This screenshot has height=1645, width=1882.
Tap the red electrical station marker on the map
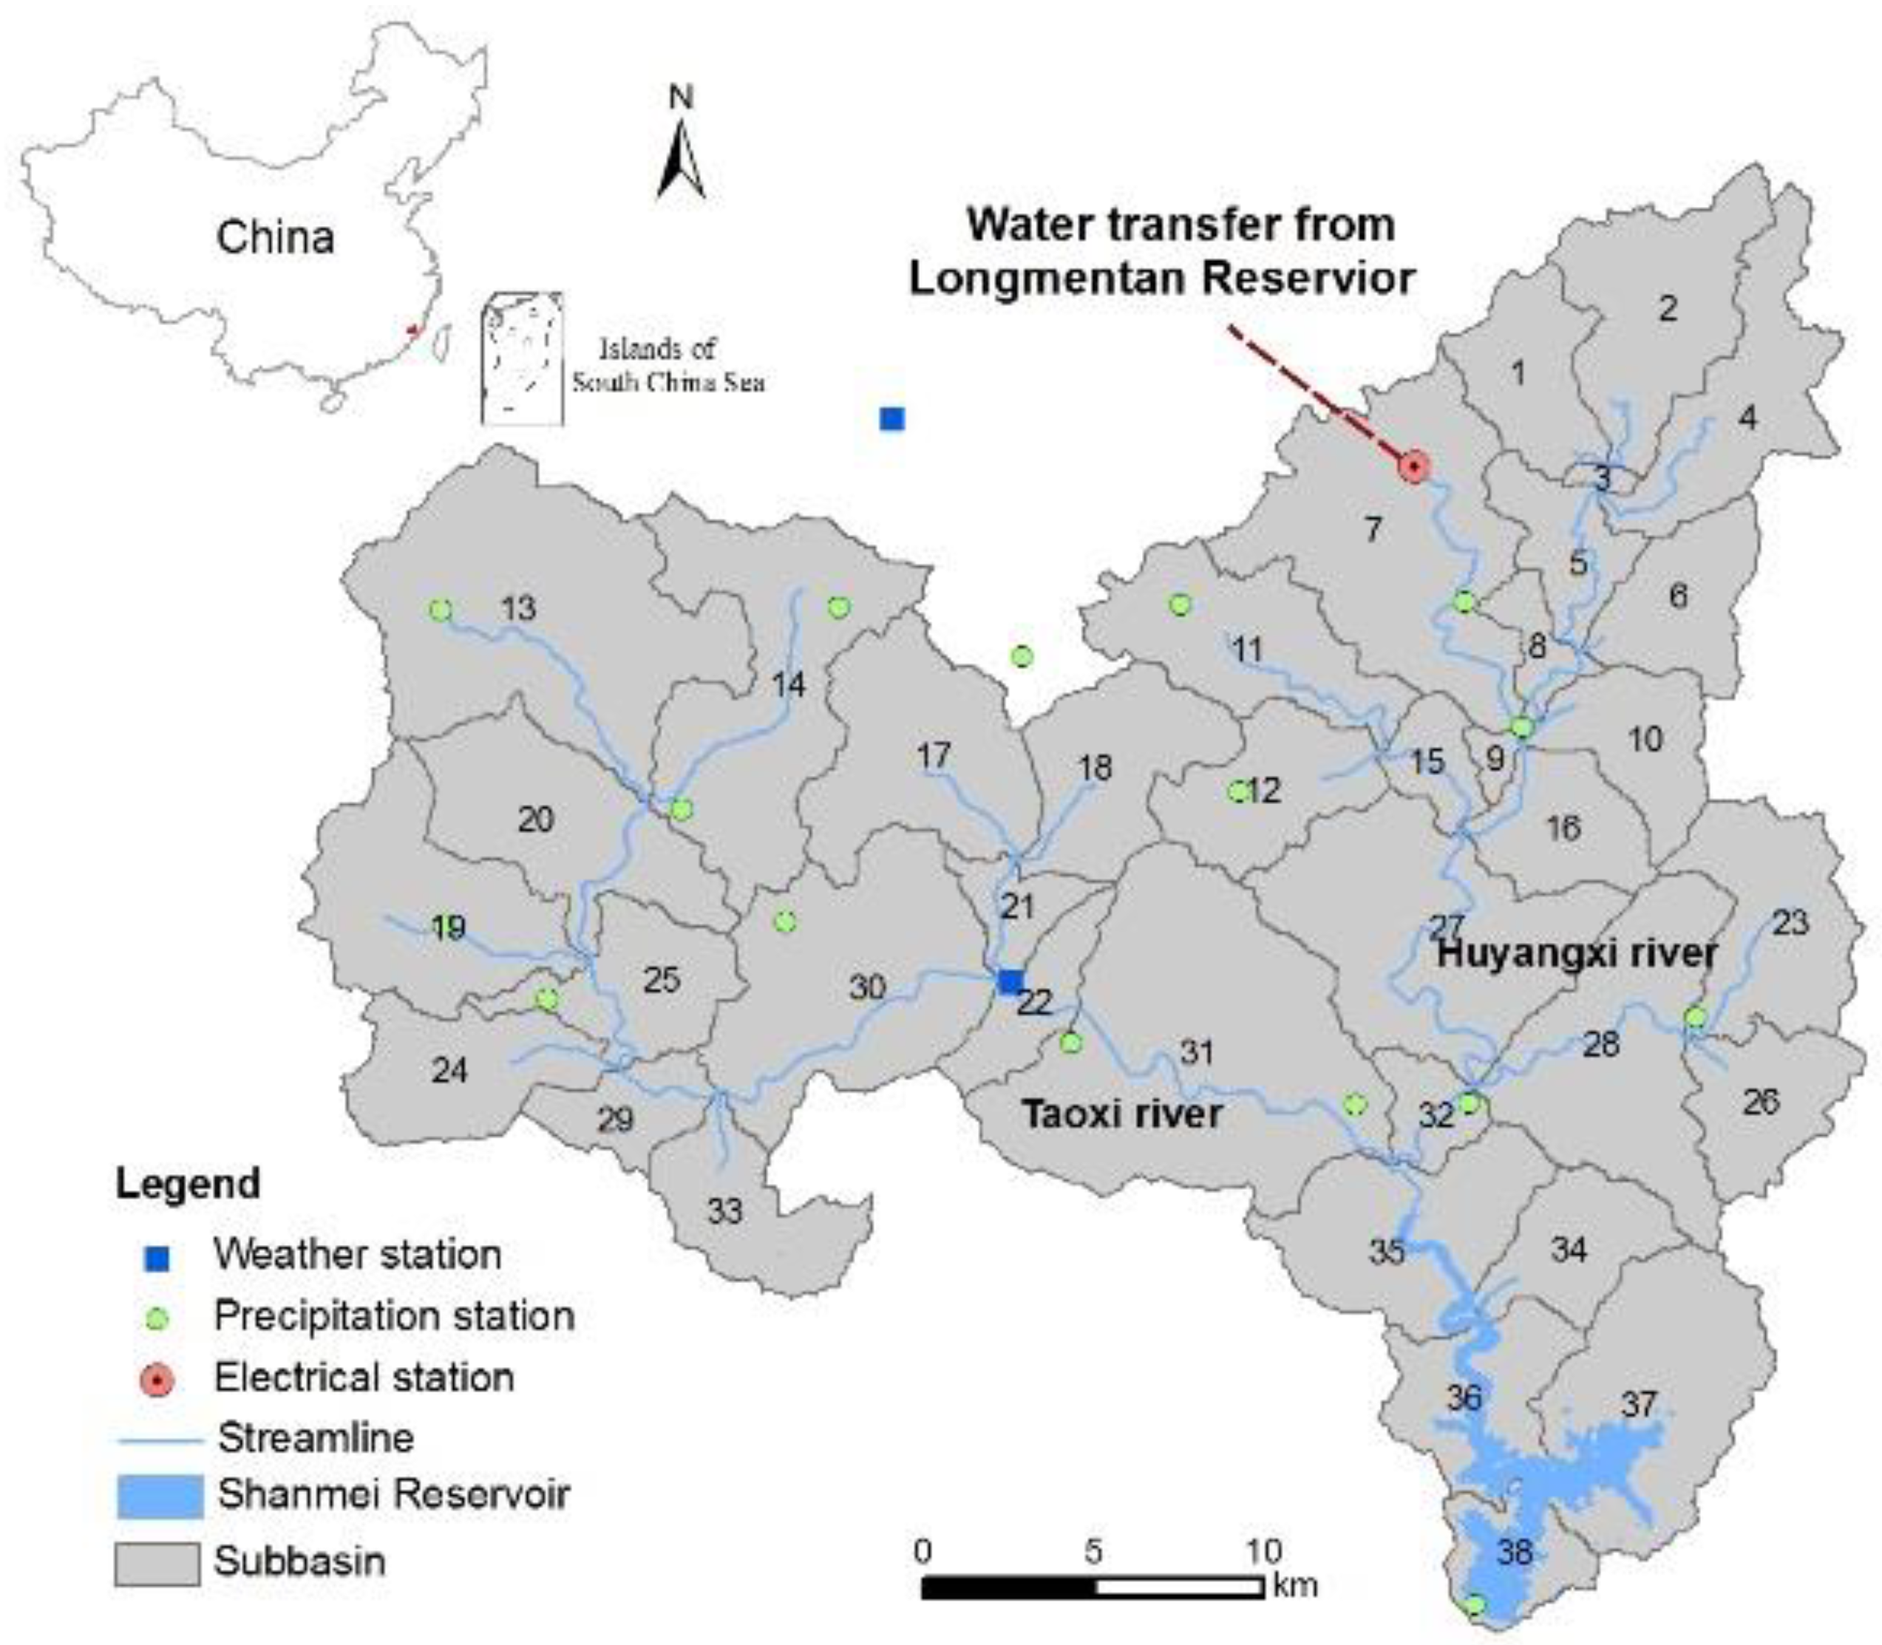coord(1414,467)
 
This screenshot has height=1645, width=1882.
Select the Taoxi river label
coord(1122,1114)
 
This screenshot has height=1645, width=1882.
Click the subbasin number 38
coord(1515,1551)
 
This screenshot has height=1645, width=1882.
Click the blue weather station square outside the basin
coord(891,418)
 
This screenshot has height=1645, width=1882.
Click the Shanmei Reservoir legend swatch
coord(160,1496)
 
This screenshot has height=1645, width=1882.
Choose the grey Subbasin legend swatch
coord(157,1563)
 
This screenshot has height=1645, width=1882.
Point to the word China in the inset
coord(276,238)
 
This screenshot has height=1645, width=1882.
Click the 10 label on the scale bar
coord(1263,1551)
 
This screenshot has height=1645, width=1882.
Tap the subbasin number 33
coord(724,1212)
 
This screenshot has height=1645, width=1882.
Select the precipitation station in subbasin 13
coord(441,610)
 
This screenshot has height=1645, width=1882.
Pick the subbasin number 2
coord(1667,308)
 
